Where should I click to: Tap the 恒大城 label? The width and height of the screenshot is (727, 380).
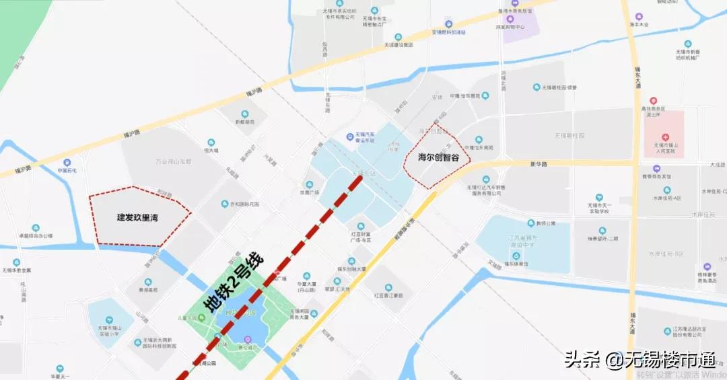(x=211, y=150)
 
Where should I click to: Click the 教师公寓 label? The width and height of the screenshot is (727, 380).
(x=545, y=223)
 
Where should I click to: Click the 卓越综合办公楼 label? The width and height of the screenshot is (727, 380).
(x=36, y=236)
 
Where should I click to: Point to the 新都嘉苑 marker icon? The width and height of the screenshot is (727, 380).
(x=244, y=114)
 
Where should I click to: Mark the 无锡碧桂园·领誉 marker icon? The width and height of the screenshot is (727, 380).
(x=537, y=87)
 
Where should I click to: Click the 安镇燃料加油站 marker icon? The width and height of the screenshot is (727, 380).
(x=449, y=24)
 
